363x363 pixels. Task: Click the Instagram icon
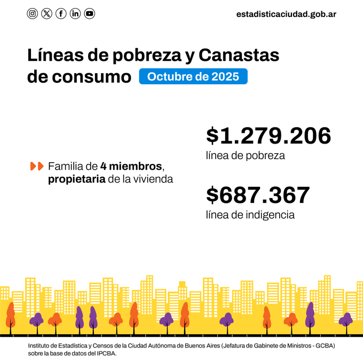33,14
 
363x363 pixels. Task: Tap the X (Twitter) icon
47,14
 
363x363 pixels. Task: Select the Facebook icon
61,14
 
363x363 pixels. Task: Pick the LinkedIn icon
75,14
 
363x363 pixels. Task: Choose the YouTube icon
90,14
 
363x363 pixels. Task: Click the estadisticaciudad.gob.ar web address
286,14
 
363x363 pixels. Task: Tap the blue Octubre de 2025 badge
193,76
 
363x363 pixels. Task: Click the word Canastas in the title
239,55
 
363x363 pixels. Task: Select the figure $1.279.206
269,136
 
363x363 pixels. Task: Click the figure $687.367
258,195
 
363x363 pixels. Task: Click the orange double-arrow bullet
37,166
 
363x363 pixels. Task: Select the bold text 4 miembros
131,166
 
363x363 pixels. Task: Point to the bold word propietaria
76,179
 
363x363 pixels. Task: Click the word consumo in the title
91,76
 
